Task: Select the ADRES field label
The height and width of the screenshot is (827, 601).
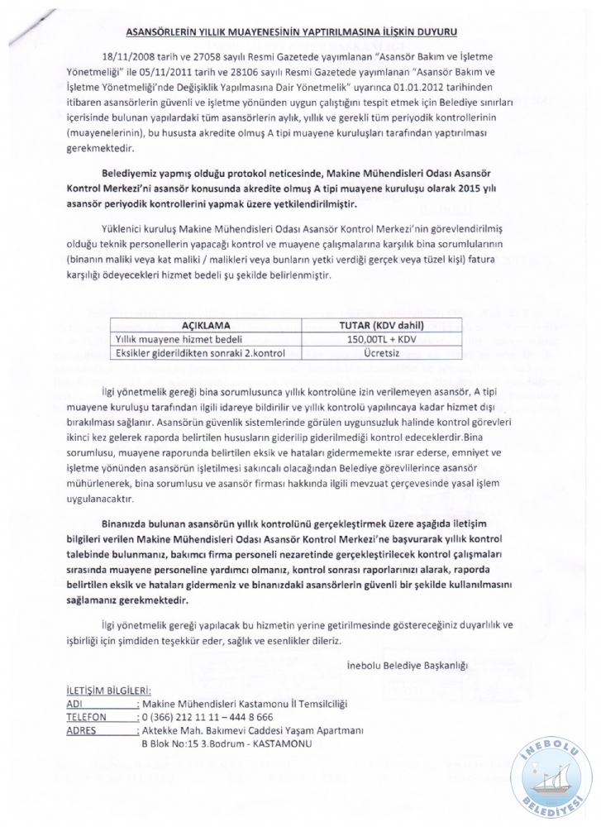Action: (x=81, y=730)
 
